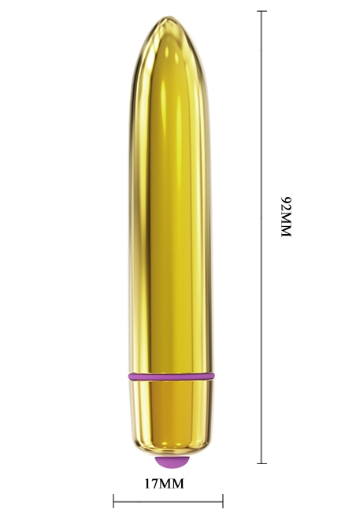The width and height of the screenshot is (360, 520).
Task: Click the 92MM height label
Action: (286, 217)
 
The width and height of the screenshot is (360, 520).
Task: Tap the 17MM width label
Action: (164, 484)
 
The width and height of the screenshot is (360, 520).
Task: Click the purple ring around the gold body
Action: (171, 377)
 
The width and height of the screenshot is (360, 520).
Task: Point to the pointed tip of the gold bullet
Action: (169, 17)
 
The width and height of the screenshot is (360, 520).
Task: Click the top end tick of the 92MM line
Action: (262, 11)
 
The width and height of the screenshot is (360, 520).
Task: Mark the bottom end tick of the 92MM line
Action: (262, 463)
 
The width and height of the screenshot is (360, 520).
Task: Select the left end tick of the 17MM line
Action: (113, 501)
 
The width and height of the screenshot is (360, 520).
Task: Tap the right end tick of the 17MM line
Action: (223, 501)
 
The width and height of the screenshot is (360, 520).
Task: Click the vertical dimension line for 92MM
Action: (262, 237)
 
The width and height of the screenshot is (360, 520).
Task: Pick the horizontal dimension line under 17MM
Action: (168, 501)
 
